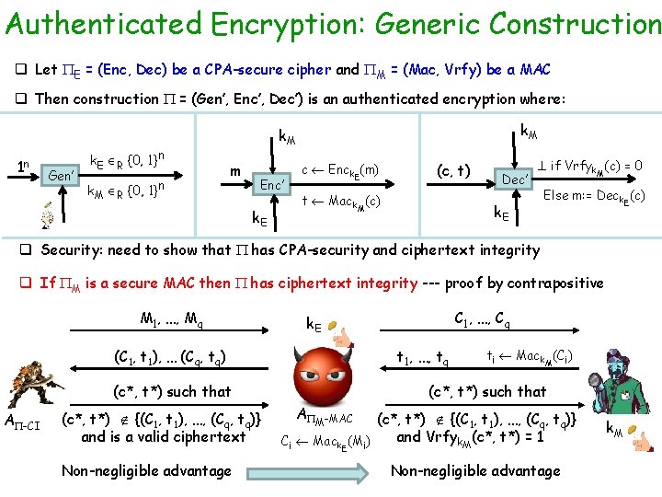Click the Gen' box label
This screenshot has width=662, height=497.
click(61, 174)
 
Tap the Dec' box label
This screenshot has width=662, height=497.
click(514, 179)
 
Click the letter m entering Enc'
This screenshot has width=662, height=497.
click(235, 172)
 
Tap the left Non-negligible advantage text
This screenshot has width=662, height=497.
click(146, 471)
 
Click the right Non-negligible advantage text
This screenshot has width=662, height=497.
click(475, 471)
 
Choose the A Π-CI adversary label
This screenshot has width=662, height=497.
click(23, 422)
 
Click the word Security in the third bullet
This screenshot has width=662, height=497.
click(74, 249)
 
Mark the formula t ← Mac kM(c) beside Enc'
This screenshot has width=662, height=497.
click(341, 202)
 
